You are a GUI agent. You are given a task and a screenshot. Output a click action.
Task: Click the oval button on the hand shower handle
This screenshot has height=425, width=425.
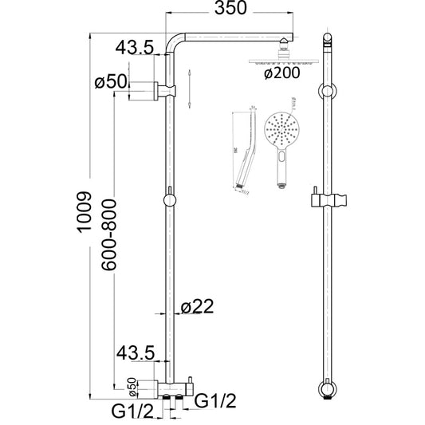pyautogui.click(x=281, y=167)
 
